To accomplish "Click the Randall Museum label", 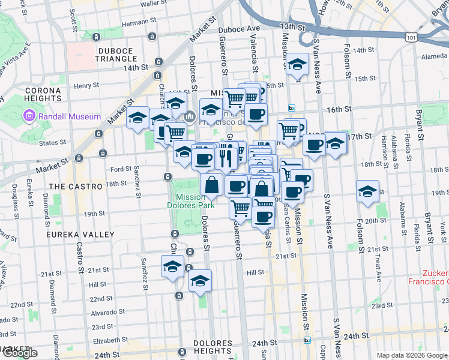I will tap(70, 116).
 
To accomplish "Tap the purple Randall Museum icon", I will tap(28, 116).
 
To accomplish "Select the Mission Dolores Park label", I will tap(195, 201).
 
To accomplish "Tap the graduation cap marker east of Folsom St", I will tap(367, 191).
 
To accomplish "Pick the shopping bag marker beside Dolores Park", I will tap(211, 184).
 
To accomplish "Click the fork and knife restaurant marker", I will tap(226, 158).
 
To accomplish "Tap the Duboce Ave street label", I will tap(239, 28).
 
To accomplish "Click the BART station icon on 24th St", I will tap(307, 340).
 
